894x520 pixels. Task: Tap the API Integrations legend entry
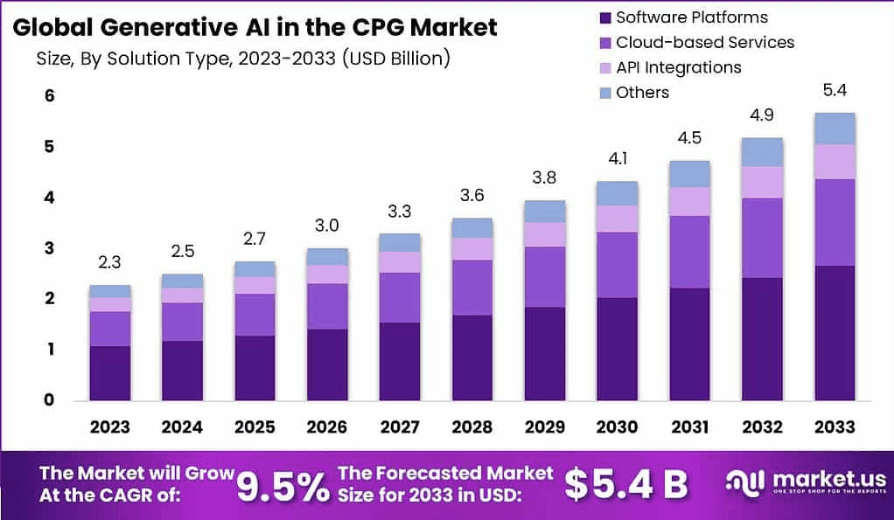pyautogui.click(x=678, y=67)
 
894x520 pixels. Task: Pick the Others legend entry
pyautogui.click(x=642, y=92)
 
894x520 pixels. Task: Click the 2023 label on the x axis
pyautogui.click(x=110, y=427)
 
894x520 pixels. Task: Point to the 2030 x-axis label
pyautogui.click(x=617, y=427)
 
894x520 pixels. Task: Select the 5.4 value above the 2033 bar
pyautogui.click(x=834, y=90)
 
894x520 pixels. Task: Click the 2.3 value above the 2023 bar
pyautogui.click(x=110, y=261)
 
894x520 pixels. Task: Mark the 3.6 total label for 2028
pyautogui.click(x=472, y=195)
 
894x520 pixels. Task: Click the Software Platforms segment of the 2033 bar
pyautogui.click(x=834, y=332)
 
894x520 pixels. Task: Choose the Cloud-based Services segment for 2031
pyautogui.click(x=689, y=252)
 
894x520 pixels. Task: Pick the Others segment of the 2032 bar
pyautogui.click(x=762, y=152)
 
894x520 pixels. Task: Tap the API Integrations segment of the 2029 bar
pyautogui.click(x=544, y=234)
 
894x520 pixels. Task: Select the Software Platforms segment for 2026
pyautogui.click(x=327, y=364)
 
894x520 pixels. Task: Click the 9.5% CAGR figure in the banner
pyautogui.click(x=282, y=484)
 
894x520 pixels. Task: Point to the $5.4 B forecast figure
pyautogui.click(x=625, y=484)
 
